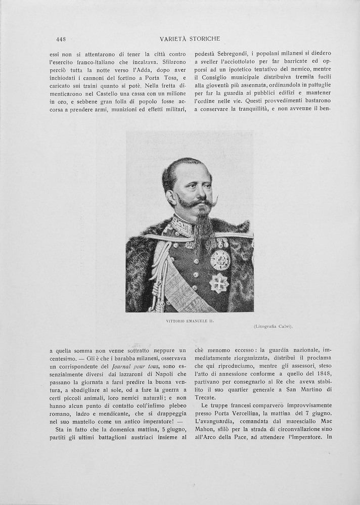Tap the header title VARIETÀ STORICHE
click(x=190, y=39)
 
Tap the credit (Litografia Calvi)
click(x=273, y=327)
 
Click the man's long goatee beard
click(x=204, y=225)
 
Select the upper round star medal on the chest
click(x=220, y=260)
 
